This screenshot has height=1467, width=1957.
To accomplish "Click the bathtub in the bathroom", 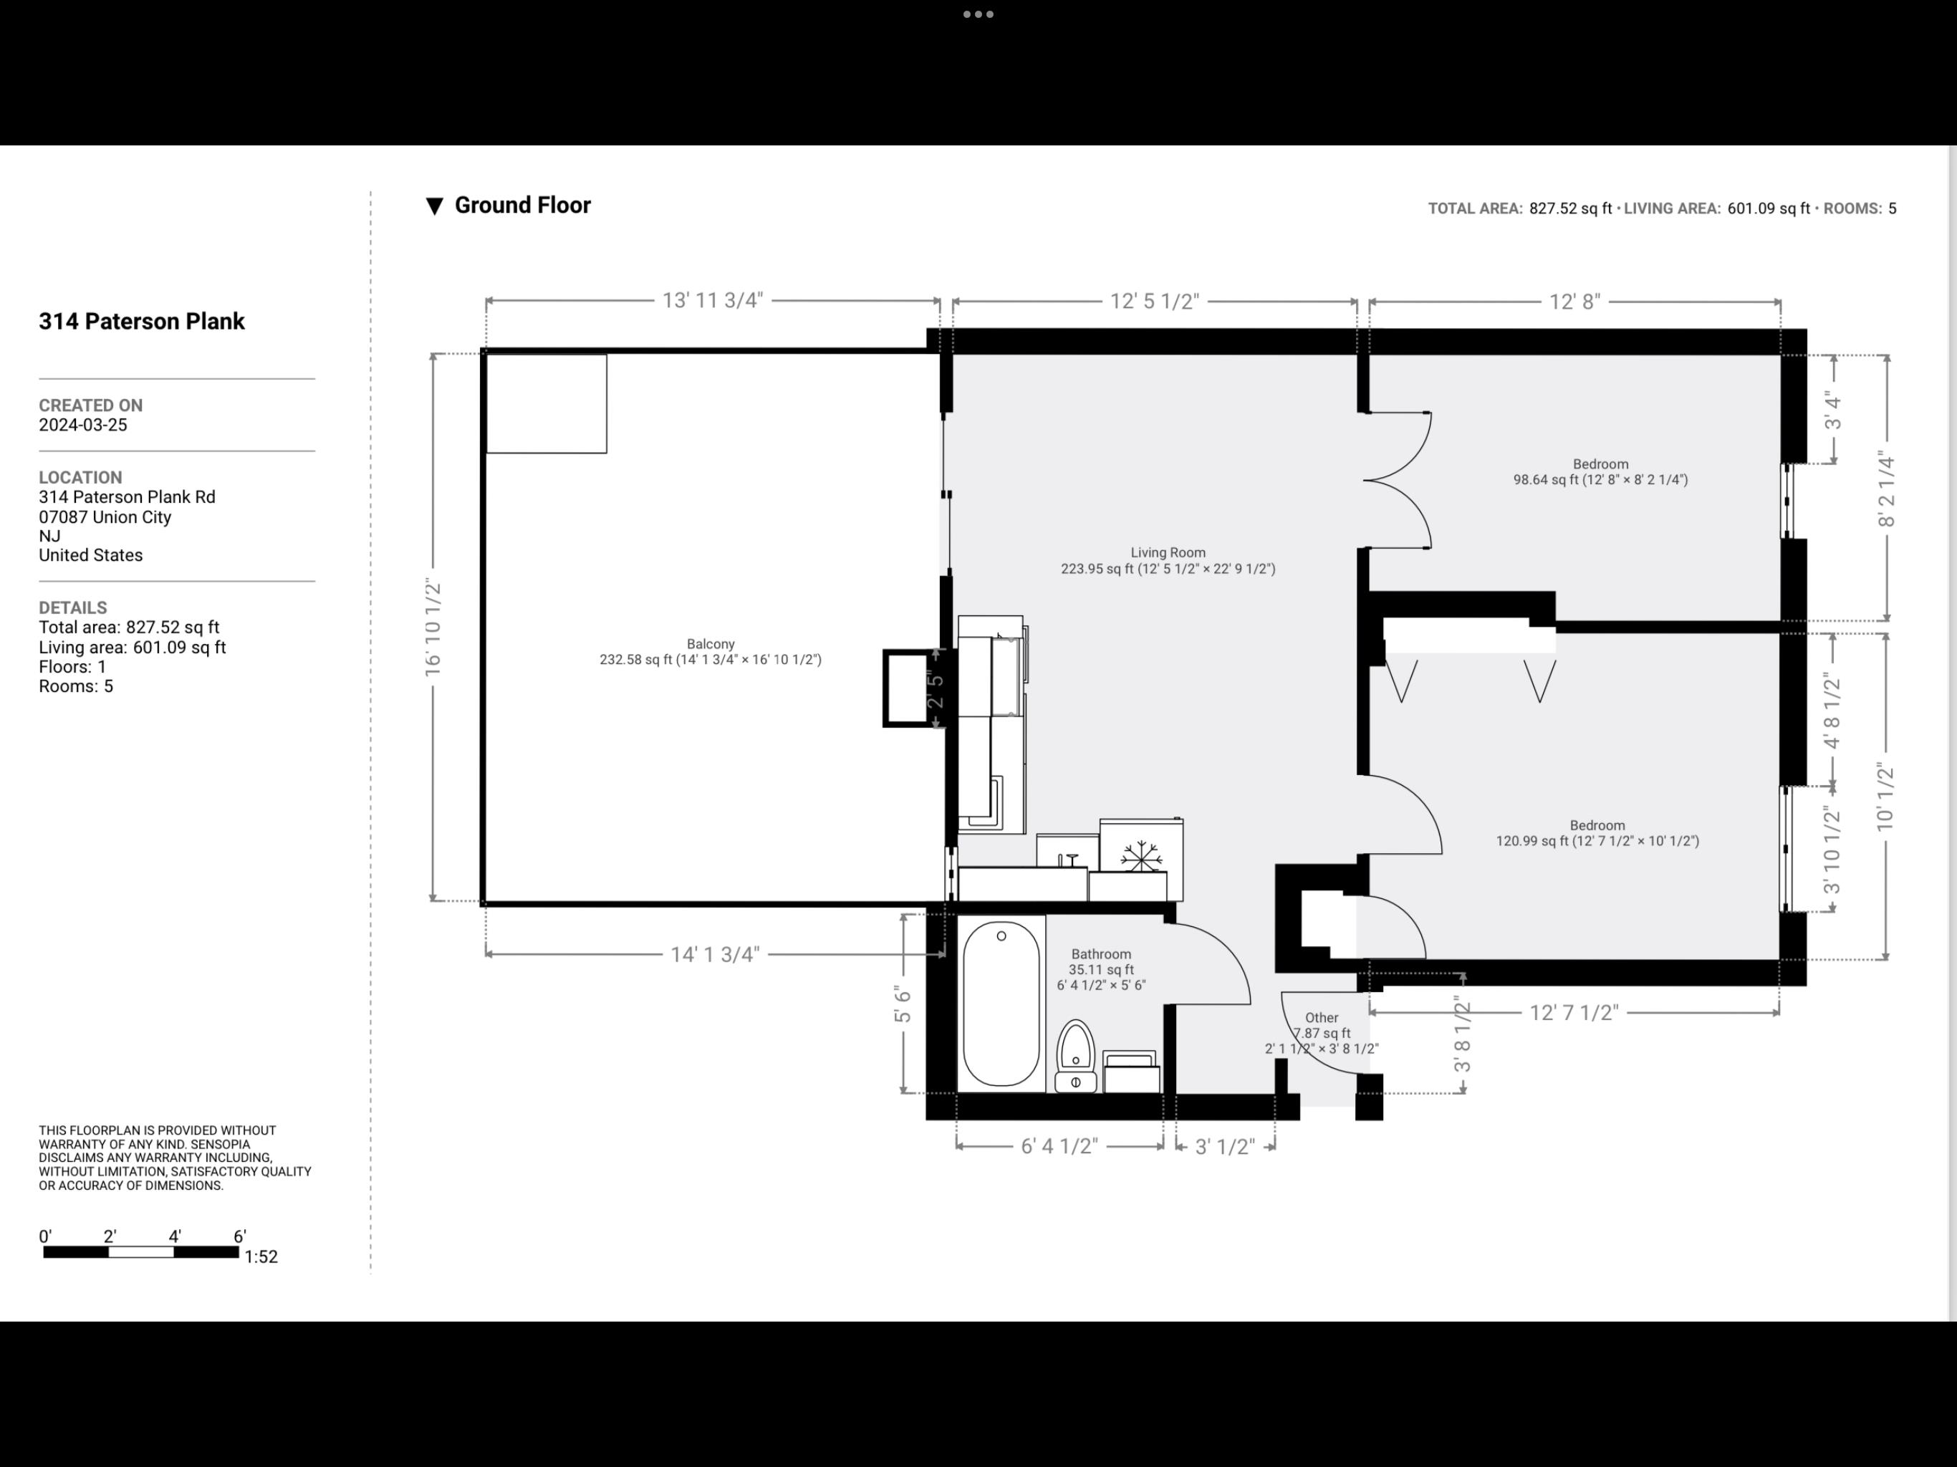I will (x=1001, y=1004).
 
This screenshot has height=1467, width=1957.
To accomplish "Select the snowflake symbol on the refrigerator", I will (x=1140, y=857).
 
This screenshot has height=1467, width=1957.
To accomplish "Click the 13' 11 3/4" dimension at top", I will (x=712, y=301).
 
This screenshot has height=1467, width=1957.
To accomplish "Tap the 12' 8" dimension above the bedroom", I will (x=1574, y=302).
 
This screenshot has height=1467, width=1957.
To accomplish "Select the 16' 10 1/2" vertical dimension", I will (x=433, y=627).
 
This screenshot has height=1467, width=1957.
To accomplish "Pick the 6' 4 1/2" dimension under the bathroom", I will (x=1059, y=1147).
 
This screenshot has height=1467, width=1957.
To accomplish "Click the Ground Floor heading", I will (x=522, y=206).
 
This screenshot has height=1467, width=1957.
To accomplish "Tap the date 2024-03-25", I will (x=83, y=425).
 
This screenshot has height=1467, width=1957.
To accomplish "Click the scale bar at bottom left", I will (x=140, y=1252).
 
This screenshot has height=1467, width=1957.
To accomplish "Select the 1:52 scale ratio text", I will (x=261, y=1256).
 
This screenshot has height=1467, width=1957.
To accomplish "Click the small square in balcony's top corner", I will (x=547, y=403).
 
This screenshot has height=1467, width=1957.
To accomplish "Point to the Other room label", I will (x=1321, y=1018).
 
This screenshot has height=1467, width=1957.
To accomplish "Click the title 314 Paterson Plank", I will (x=142, y=321).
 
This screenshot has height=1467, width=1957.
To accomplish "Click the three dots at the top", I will (x=978, y=14).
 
